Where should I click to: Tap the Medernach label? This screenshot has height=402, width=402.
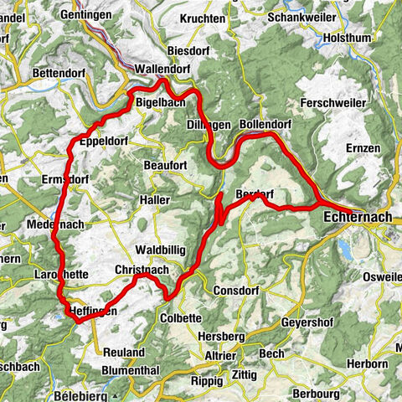pyautogui.click(x=54, y=225)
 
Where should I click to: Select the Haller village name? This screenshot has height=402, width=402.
pyautogui.click(x=155, y=200)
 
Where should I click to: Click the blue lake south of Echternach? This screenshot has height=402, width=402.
pyautogui.click(x=346, y=248)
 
